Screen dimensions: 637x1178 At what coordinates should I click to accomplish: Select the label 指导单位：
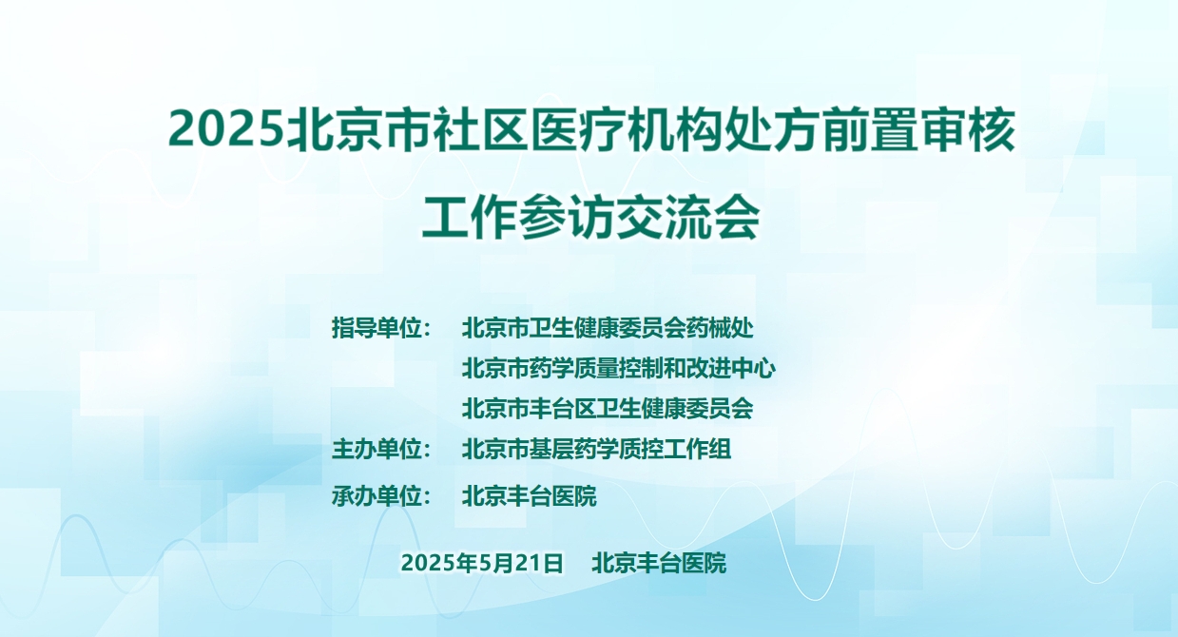(381, 328)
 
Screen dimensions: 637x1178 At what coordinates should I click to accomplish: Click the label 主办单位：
(381, 449)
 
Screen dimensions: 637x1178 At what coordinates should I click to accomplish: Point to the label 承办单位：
(381, 495)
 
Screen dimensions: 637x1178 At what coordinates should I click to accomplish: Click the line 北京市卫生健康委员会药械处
(608, 328)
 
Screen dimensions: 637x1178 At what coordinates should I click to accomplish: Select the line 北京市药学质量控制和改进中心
(618, 368)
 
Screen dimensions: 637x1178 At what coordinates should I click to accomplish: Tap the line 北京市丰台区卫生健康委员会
(608, 409)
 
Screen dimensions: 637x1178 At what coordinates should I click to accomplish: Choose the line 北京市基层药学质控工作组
(596, 449)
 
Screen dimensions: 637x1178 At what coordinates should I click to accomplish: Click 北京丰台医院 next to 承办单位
(529, 495)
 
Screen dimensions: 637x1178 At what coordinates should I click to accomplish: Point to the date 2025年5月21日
(482, 563)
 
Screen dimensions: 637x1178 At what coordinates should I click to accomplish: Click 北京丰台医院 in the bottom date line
(659, 563)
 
